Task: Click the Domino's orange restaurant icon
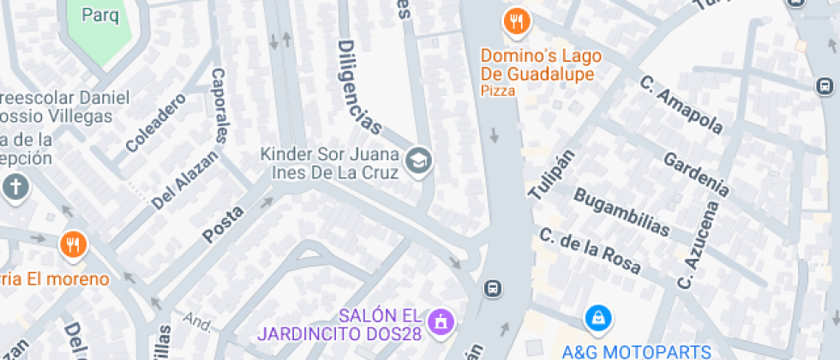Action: pos(515,21)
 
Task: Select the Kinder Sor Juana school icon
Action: pos(418,160)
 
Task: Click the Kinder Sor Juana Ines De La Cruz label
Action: pos(330,164)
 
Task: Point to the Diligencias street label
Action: pos(358,87)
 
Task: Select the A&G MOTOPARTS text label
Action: pos(636,351)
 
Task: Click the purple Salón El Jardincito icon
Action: pos(442,321)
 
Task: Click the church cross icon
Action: pos(15,187)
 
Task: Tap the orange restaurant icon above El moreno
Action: pos(72,245)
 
